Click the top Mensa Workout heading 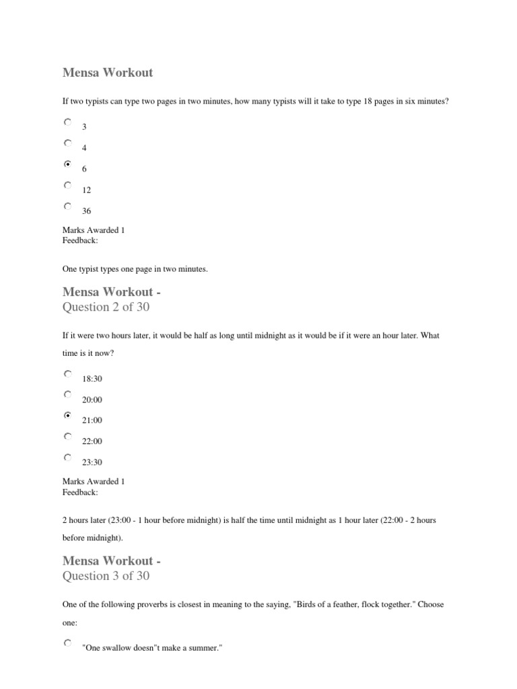coord(108,73)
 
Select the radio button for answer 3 coord(67,122)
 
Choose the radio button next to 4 coord(67,143)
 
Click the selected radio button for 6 coord(67,164)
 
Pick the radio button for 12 coord(67,185)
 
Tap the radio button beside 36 coord(67,206)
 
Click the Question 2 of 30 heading coord(106,307)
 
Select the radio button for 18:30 coord(67,374)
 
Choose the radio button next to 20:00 coord(67,395)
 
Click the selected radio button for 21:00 coord(67,416)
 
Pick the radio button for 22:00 coord(67,437)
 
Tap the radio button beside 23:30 coord(67,458)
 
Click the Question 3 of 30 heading coord(106,576)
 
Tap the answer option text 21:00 coord(92,421)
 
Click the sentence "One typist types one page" coord(135,269)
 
